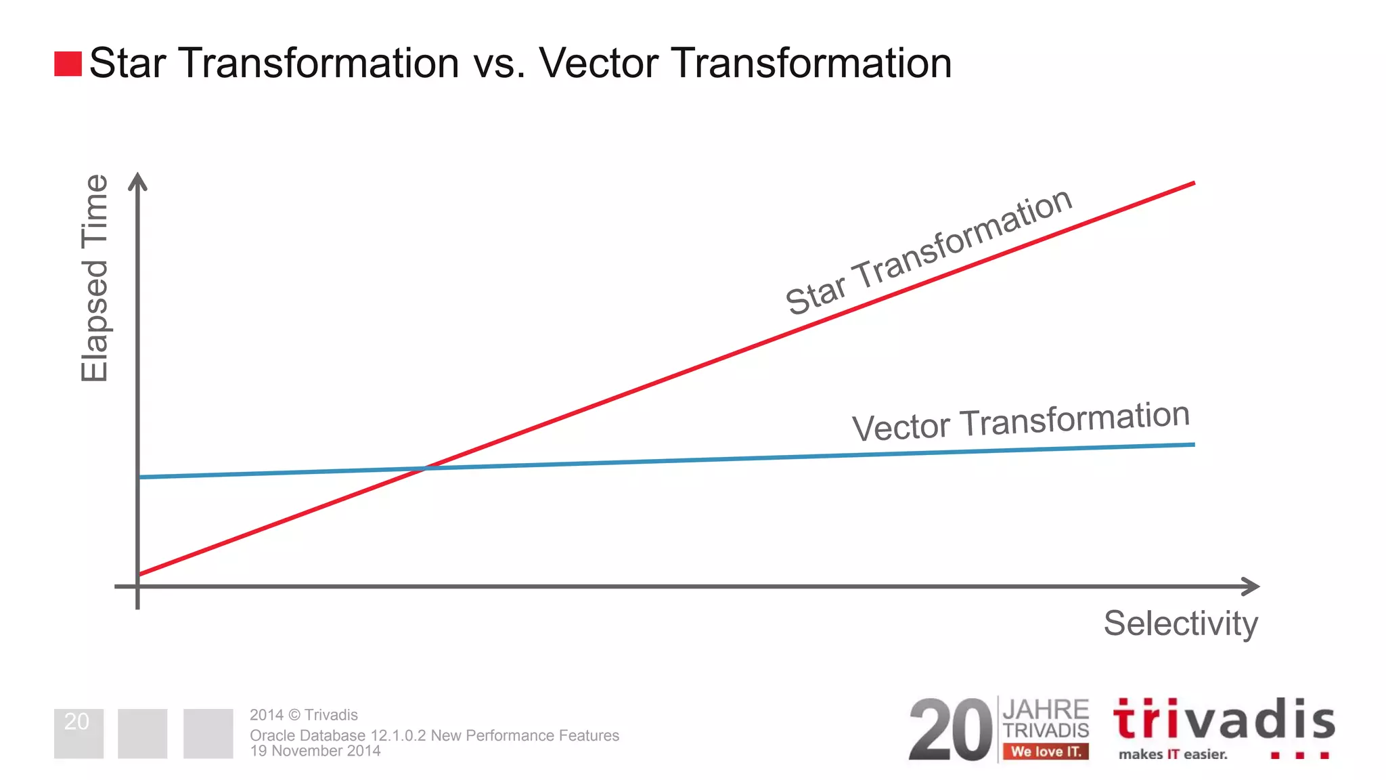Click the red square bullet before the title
[68, 64]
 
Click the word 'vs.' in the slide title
[499, 64]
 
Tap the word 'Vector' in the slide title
[598, 64]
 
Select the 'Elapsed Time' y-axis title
[95, 278]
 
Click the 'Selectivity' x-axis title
[1180, 623]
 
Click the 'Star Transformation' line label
[929, 253]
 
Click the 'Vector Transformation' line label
[1021, 421]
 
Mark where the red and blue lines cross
[425, 467]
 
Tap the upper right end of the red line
[1192, 183]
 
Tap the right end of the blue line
[1192, 445]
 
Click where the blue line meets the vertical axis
[139, 477]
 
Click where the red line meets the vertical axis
[139, 574]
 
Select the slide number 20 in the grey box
[77, 722]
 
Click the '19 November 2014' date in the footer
[315, 751]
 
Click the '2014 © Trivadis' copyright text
[304, 715]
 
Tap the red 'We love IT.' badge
[1046, 752]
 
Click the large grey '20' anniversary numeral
[950, 731]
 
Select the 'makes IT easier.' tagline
[1173, 754]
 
